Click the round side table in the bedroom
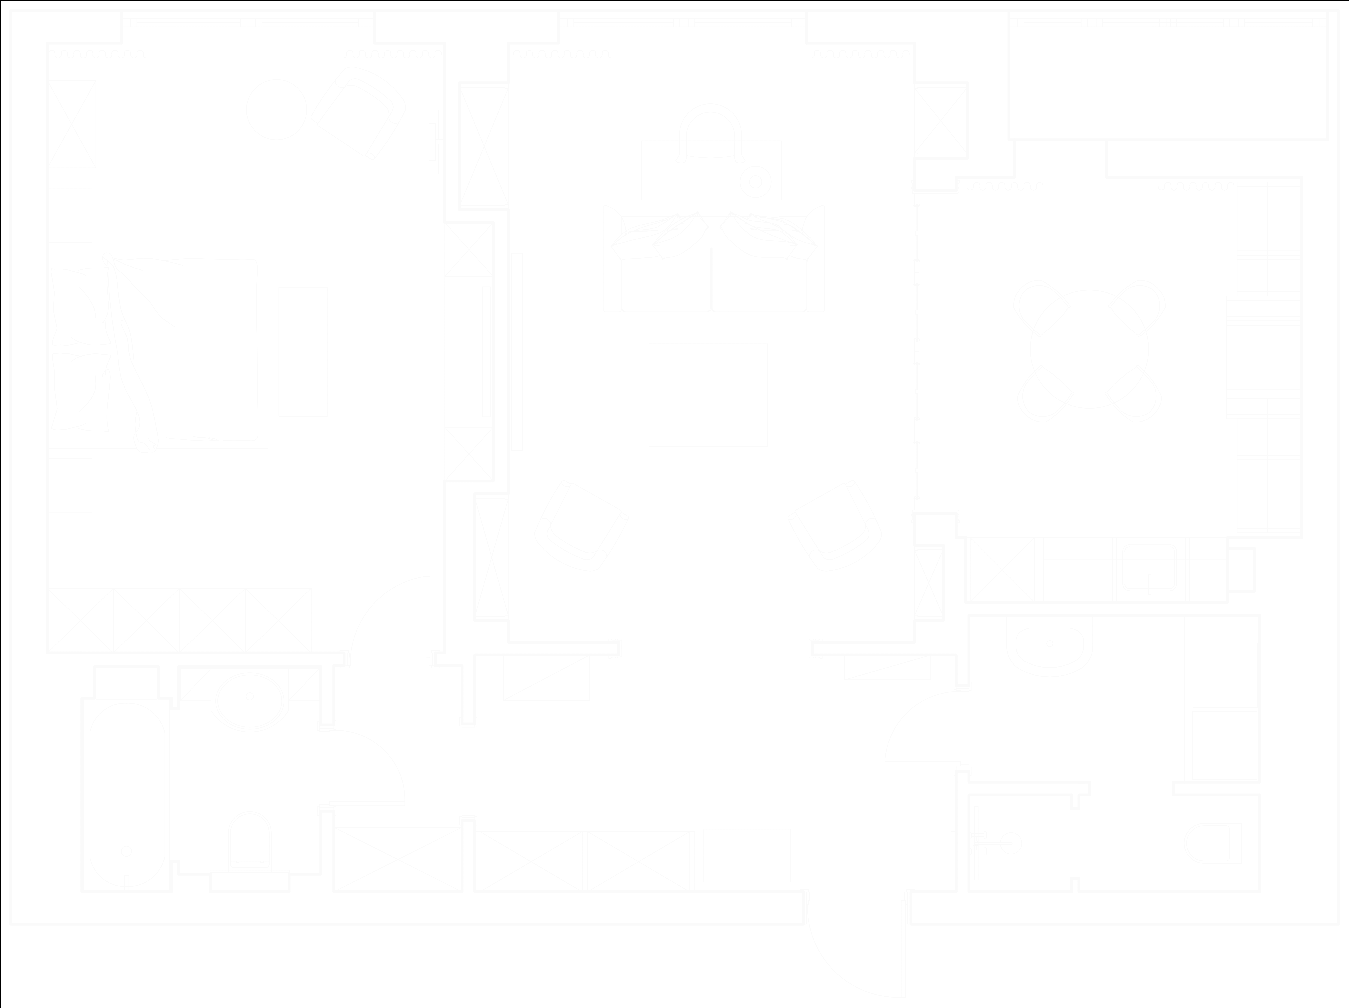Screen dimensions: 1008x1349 pyautogui.click(x=276, y=110)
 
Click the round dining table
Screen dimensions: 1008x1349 pyautogui.click(x=1089, y=349)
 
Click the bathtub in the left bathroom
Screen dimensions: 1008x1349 pyautogui.click(x=127, y=796)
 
